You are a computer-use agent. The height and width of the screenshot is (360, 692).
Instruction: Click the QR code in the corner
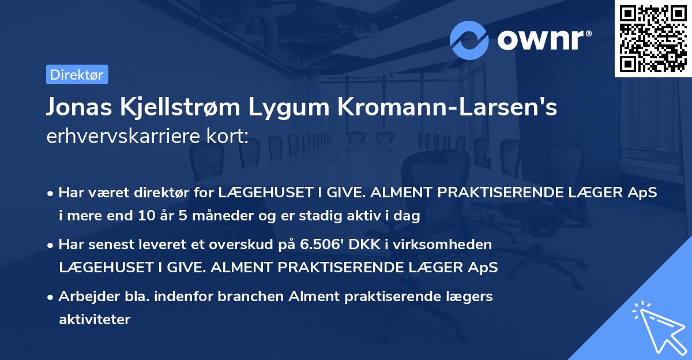(x=653, y=38)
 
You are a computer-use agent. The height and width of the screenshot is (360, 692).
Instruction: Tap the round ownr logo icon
(x=469, y=40)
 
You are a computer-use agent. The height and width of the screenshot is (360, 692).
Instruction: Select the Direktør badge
(x=77, y=74)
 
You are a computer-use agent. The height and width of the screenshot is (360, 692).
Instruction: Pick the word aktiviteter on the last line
(x=95, y=319)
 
